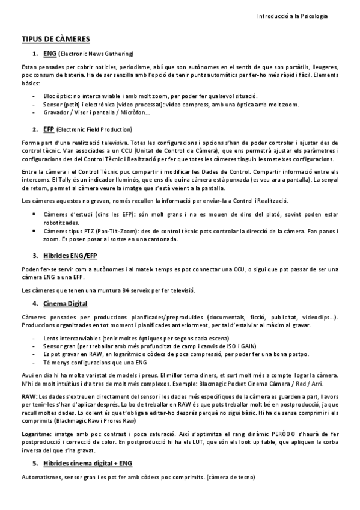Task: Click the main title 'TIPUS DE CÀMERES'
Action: coord(55,39)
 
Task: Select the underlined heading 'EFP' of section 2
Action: coord(49,129)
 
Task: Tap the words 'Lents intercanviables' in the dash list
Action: coord(72,339)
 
